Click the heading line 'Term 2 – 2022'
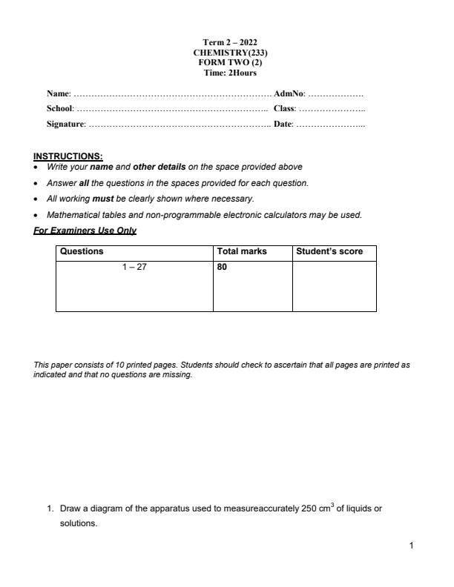click(x=230, y=42)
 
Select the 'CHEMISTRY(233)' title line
click(x=230, y=53)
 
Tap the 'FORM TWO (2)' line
click(x=230, y=62)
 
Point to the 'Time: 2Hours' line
click(x=230, y=73)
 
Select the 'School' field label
click(x=60, y=108)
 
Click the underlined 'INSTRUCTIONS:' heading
click(x=68, y=156)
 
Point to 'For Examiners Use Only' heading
click(x=85, y=231)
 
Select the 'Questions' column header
click(x=82, y=251)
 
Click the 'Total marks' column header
click(x=242, y=251)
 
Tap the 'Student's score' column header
click(x=329, y=251)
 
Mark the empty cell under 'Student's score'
click(x=334, y=285)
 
